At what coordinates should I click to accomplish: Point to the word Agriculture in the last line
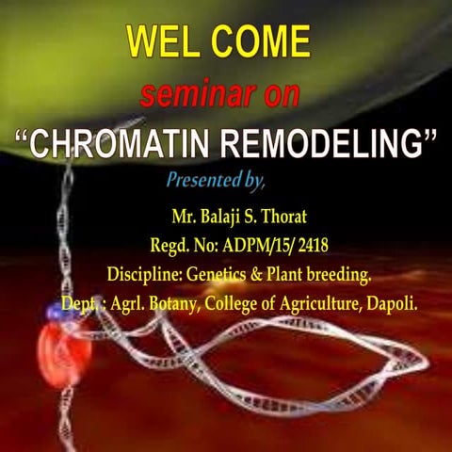315,305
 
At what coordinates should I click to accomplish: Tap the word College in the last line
223,305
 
